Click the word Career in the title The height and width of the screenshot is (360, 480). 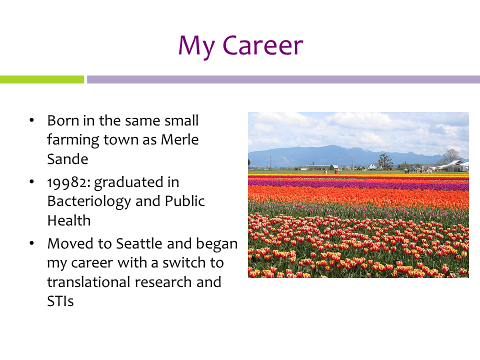pos(262,45)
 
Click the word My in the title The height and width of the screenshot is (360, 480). pos(196,47)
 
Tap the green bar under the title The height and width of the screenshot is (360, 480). pos(42,79)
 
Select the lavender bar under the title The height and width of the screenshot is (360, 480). pos(283,79)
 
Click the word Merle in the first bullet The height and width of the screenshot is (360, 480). pos(180,139)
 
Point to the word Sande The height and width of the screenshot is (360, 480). pos(67,159)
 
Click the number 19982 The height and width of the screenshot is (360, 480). pos(68,182)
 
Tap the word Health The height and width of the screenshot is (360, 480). pos(69,220)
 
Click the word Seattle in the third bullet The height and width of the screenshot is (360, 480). pos(139,243)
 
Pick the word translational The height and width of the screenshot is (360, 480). pos(89,282)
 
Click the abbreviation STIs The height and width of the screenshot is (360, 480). pos(60,301)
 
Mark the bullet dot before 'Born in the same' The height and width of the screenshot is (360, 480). pos(32,120)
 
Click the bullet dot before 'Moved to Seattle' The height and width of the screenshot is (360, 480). pos(32,243)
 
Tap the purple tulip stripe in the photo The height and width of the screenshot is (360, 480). pos(358,184)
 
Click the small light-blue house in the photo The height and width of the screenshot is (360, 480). pos(374,166)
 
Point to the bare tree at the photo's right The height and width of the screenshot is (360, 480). pos(451,156)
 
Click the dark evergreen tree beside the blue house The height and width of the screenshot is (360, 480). pos(385,161)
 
